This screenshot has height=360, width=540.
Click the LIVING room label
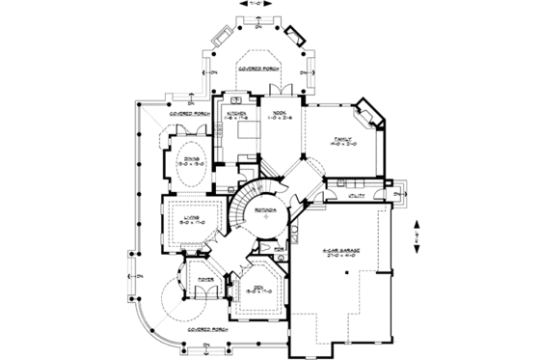click(193, 218)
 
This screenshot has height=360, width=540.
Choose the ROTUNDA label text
click(267, 209)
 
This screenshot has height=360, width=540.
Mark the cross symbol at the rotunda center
click(267, 220)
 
